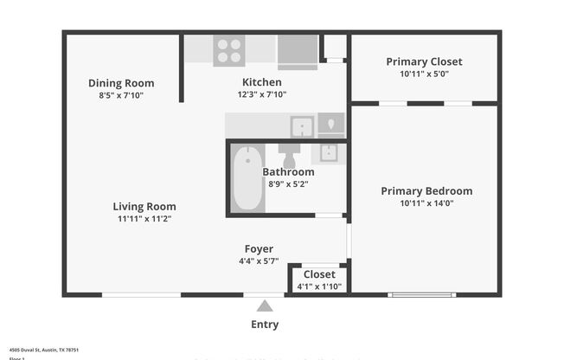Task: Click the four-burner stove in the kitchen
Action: click(229, 50)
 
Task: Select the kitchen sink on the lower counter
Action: click(301, 127)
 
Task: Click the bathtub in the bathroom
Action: click(248, 178)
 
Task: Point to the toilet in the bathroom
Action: click(289, 156)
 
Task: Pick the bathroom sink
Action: click(329, 154)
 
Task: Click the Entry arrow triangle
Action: click(265, 305)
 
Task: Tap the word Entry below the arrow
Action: click(265, 325)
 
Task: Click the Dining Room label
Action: click(121, 83)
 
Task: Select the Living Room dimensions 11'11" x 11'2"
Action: click(144, 219)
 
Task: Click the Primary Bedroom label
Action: click(426, 191)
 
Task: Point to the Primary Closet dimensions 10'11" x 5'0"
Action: click(424, 74)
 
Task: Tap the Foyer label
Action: click(259, 249)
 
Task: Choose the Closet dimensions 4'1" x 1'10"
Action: click(319, 286)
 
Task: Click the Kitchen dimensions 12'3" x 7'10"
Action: click(261, 94)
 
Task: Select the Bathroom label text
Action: click(288, 171)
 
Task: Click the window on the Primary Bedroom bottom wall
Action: click(421, 295)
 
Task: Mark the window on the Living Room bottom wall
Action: click(141, 295)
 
